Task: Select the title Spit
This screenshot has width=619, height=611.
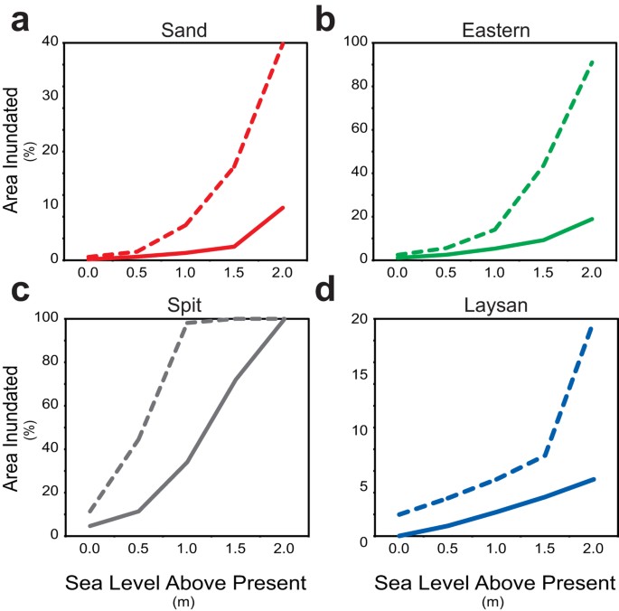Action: (185, 305)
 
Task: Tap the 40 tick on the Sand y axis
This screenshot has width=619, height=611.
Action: (51, 42)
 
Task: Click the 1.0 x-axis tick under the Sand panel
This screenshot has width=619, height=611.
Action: (186, 271)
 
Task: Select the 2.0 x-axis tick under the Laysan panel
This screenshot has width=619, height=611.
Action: (593, 550)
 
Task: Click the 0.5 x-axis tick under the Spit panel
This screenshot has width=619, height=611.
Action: (138, 549)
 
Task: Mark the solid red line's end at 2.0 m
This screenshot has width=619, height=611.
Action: (284, 207)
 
